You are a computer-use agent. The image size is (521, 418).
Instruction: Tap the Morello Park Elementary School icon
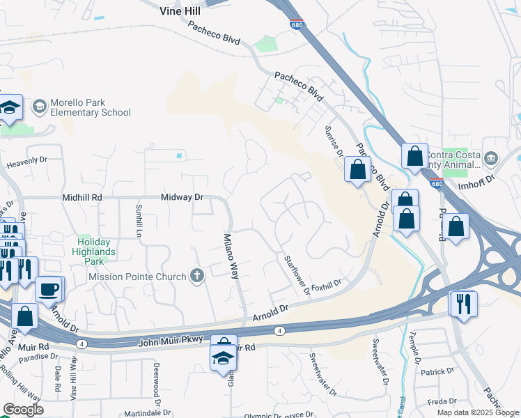pos(39,106)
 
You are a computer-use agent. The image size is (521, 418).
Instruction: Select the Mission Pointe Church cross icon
pos(197,277)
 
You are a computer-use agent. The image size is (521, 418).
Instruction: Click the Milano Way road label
pos(231,256)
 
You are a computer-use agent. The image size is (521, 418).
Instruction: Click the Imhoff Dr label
pos(476,179)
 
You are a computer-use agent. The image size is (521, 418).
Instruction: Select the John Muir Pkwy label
pos(171,339)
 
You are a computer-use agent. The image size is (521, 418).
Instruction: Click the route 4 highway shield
pos(279,330)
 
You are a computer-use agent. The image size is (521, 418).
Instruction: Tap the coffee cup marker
pos(49,288)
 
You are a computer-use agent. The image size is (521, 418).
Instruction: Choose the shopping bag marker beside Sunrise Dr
pos(357,169)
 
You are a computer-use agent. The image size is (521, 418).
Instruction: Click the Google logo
pos(23,409)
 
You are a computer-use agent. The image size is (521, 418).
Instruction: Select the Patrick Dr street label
pos(442,372)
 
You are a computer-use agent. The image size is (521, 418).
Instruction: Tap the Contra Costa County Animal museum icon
pos(492,159)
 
